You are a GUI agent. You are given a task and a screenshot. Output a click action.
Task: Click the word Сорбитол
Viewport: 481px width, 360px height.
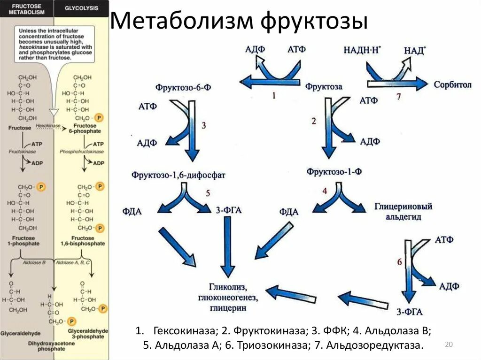coord(452,85)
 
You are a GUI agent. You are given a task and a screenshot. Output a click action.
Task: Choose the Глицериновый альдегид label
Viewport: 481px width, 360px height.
coord(403,211)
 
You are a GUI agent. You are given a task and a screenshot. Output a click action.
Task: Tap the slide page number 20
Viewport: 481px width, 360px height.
coord(448,345)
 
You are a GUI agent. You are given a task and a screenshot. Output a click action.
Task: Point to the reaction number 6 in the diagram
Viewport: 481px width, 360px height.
coord(399,261)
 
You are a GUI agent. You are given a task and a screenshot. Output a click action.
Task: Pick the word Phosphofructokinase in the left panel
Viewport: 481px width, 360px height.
coord(82,152)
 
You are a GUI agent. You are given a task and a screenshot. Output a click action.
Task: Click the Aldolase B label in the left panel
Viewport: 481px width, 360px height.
coord(34,263)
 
